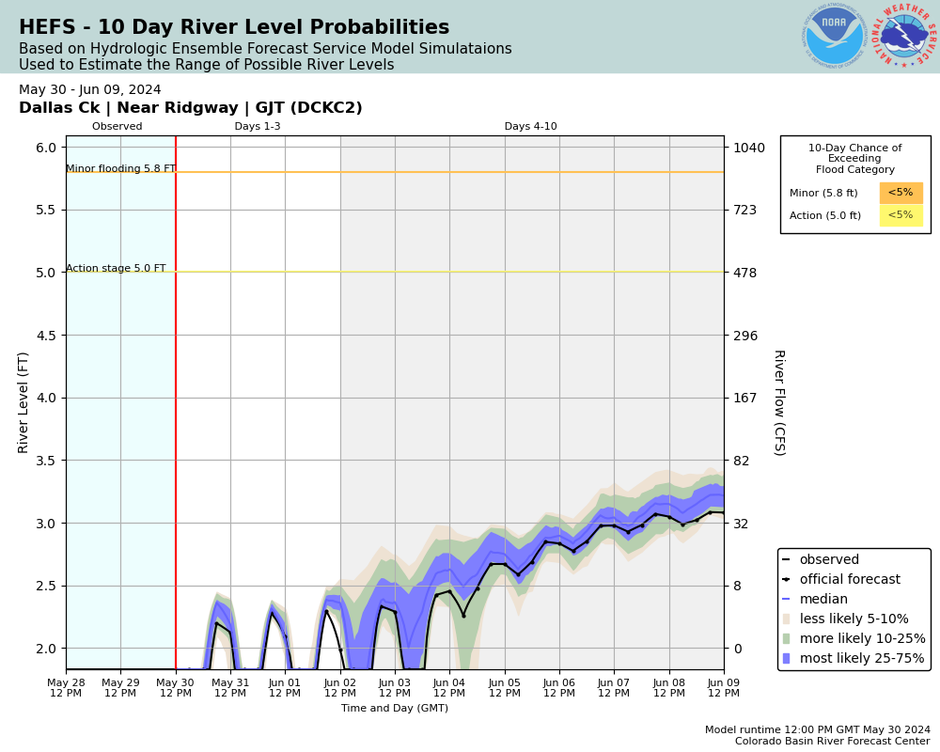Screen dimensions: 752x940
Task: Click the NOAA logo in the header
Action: pos(834,37)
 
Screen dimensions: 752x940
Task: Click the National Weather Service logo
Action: pos(904,37)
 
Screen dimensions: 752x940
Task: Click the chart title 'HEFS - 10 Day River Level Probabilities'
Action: pos(234,28)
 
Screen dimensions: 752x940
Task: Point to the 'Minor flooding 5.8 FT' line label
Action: pos(120,169)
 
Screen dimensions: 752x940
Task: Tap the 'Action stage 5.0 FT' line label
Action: pos(116,269)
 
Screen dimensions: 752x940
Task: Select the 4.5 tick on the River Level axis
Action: pos(46,335)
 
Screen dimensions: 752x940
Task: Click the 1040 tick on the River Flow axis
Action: pos(749,148)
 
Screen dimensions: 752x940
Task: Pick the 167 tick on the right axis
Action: pos(745,398)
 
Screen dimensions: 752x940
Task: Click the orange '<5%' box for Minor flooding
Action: pos(901,193)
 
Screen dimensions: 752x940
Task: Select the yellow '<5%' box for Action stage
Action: pos(901,215)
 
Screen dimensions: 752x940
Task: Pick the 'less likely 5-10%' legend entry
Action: pos(854,619)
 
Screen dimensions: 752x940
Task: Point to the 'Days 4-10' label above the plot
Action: pos(530,127)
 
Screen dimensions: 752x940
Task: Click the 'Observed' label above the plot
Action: pos(117,127)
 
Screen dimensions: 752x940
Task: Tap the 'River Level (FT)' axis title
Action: pos(24,402)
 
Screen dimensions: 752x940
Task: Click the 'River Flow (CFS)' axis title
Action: pos(778,402)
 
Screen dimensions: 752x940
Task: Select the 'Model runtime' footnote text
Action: pos(818,729)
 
